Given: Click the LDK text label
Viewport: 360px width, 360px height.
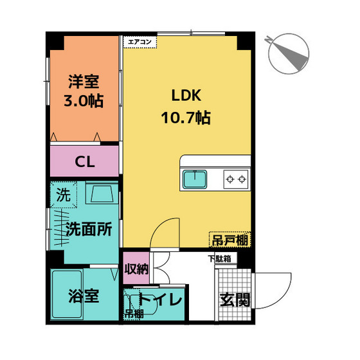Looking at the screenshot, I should point(186,96).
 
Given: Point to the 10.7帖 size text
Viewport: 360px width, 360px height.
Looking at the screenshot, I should point(186,118).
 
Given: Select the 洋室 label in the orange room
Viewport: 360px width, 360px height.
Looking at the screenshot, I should point(85,82).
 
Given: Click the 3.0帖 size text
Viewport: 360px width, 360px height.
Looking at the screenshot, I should point(85,102).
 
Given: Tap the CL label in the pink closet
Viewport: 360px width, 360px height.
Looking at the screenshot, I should point(85,161).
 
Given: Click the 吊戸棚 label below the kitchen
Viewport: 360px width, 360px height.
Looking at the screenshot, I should point(230,240).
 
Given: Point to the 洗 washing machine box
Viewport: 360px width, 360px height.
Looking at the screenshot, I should point(64,194).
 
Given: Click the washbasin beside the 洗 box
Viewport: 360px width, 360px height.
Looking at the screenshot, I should point(100,195).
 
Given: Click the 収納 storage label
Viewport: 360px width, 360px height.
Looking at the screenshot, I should point(136,269).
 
